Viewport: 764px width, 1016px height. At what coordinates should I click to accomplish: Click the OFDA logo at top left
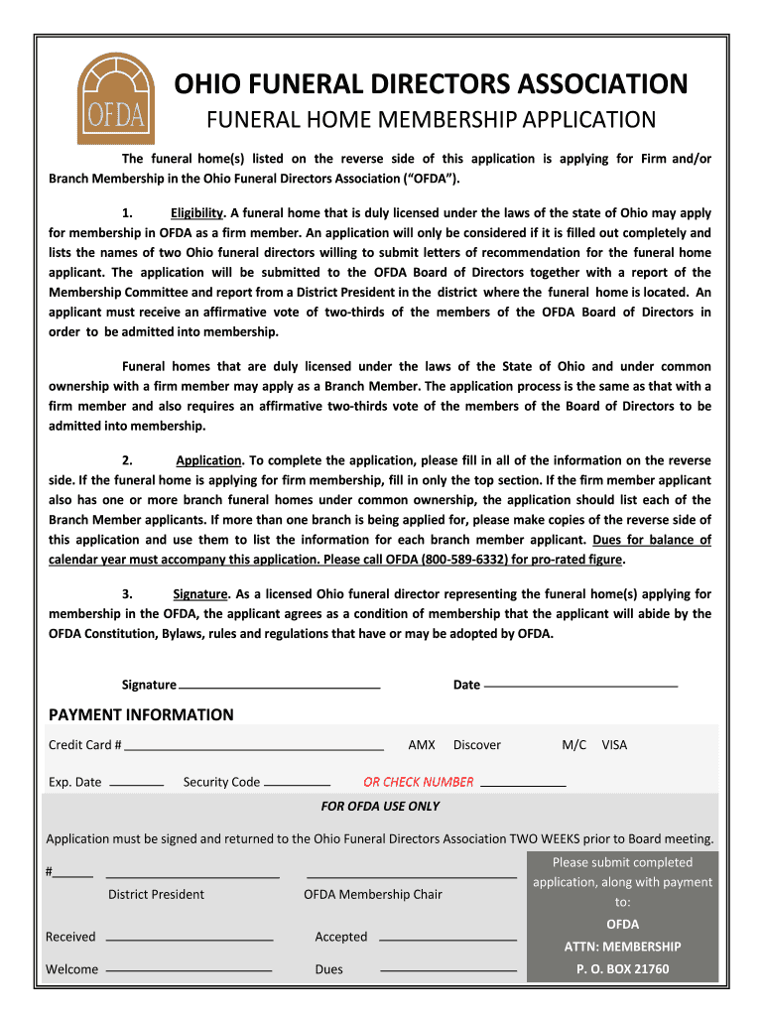coord(117,98)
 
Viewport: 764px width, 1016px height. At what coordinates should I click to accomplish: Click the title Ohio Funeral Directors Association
coord(432,84)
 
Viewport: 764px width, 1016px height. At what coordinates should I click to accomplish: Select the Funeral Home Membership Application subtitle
coord(431,120)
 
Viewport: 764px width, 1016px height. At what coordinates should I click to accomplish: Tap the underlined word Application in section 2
coord(208,460)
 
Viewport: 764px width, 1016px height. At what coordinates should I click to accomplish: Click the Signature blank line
coord(280,687)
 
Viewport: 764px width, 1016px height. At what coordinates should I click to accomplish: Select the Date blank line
coord(580,687)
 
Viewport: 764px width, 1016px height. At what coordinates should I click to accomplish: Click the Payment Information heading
coord(142,715)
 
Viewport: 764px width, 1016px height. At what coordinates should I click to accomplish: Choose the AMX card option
coord(422,745)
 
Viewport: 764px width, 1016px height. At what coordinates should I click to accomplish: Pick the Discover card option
coord(477,745)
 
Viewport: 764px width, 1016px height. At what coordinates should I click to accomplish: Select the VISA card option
coord(614,745)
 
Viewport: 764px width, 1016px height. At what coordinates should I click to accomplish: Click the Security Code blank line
coord(297,784)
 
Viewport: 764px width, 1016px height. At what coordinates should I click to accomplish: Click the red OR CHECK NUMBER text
coord(419,782)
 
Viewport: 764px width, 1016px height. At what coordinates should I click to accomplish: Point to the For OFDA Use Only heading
coord(380,807)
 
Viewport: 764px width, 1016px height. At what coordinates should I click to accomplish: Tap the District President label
coord(156,895)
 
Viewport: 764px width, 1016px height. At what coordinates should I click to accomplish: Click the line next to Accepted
coord(448,940)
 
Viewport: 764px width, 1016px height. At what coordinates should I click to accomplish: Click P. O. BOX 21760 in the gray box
coord(623,969)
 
